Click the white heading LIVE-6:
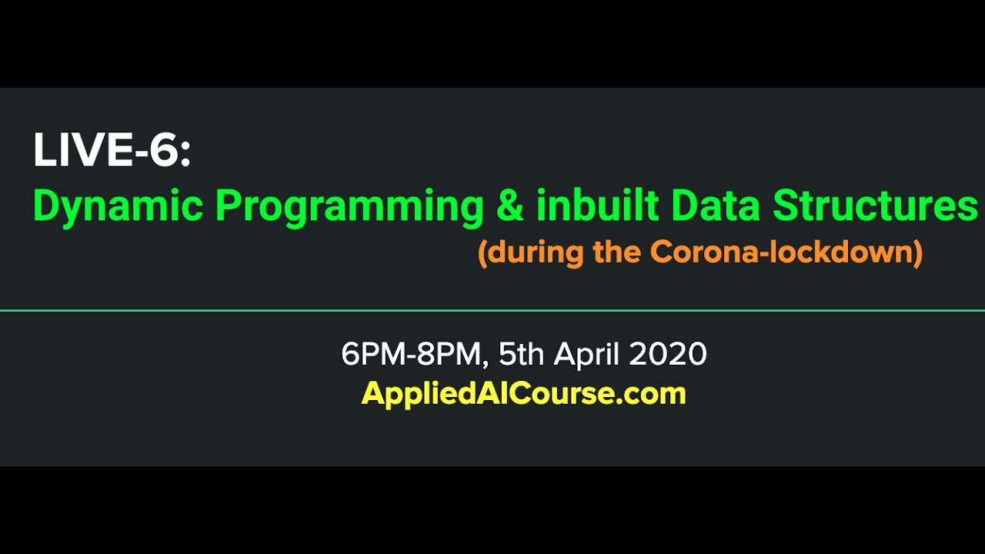[111, 151]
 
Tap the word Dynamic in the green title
[119, 206]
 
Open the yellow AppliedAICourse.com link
[523, 394]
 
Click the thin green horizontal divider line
[492, 311]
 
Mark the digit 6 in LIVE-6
[164, 151]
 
